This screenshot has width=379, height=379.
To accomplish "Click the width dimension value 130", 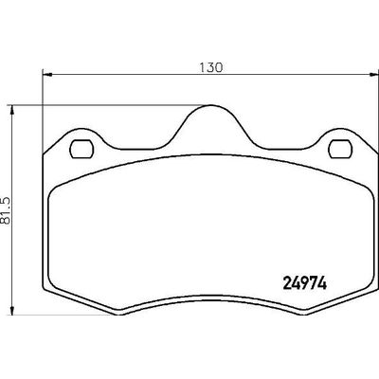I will coord(210,67).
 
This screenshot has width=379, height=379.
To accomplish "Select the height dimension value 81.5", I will coord(9,209).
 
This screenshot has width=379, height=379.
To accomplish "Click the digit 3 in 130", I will coord(210,67).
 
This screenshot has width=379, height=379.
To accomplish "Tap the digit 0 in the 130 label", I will coord(218,67).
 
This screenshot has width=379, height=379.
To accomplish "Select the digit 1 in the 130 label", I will coord(203,67).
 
